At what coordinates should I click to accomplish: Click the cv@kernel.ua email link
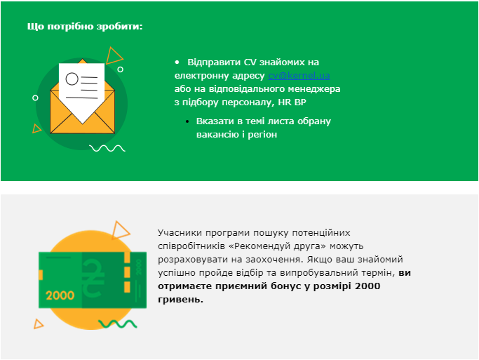[x=299, y=76]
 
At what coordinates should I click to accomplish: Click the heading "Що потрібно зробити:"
[x=85, y=27]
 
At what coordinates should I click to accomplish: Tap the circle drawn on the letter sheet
[x=72, y=79]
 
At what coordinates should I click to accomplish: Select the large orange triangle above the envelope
[x=114, y=55]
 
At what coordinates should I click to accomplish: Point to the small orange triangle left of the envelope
[x=36, y=128]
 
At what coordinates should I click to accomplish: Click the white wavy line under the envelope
[x=107, y=148]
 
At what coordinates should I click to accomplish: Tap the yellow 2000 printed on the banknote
[x=60, y=295]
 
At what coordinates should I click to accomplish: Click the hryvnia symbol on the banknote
[x=93, y=278]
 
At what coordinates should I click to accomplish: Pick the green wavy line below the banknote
[x=118, y=324]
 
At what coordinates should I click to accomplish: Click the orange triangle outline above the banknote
[x=121, y=230]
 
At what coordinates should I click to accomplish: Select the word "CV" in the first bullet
[x=250, y=62]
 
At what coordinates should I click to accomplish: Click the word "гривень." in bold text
[x=180, y=300]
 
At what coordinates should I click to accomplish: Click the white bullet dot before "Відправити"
[x=177, y=62]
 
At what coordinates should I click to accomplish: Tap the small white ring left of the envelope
[x=36, y=98]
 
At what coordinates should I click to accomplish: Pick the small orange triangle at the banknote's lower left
[x=38, y=324]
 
